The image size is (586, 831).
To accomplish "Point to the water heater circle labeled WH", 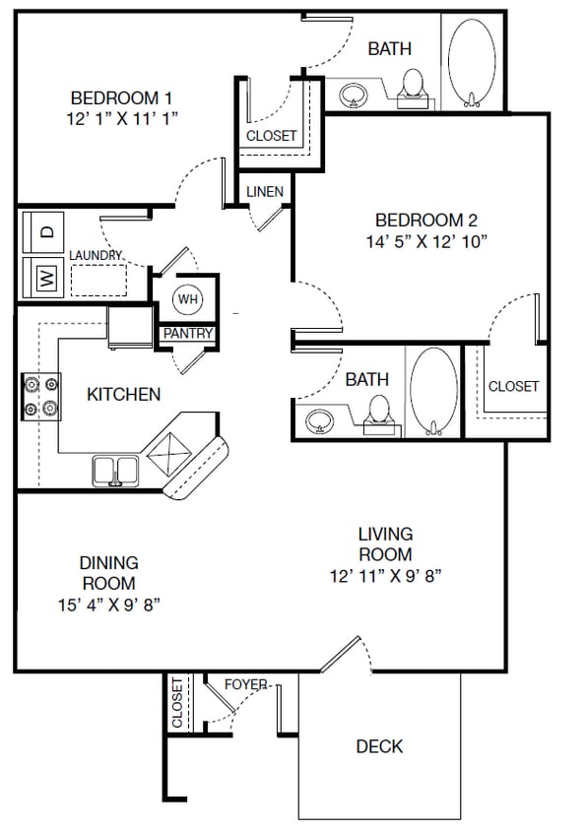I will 187,298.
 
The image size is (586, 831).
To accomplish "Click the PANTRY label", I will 187,334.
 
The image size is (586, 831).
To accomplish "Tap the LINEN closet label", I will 265,191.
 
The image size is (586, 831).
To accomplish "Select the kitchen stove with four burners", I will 40,397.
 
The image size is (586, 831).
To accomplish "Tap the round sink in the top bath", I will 354,96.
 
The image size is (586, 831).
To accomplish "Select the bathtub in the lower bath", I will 432,390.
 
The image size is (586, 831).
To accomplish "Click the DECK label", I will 379,746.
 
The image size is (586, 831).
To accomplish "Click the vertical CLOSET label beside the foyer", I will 177,704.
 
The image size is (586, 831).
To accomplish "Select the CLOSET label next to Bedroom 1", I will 271,136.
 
